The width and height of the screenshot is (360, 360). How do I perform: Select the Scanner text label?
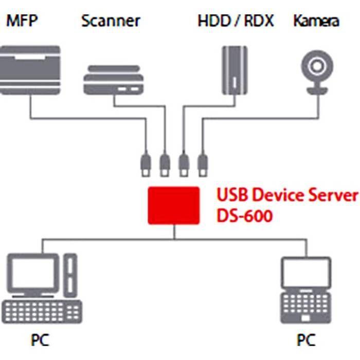pos(111,21)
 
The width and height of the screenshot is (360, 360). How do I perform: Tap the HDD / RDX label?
pos(236,21)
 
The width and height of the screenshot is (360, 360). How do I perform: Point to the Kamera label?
pos(316,21)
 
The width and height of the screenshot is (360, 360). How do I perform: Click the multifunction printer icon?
pos(30,70)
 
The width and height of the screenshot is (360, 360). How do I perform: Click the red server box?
pos(173,205)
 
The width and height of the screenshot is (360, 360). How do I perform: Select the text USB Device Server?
pos(286,195)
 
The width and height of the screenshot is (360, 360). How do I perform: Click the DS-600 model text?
pos(244,215)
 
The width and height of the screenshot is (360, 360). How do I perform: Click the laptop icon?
pos(306,291)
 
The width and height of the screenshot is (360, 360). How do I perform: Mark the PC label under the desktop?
pos(40,340)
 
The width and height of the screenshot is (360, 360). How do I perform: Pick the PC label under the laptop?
pos(305,340)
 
